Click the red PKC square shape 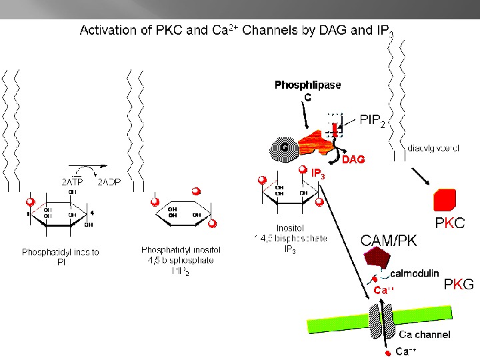[x=445, y=199]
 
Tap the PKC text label [x=450, y=223]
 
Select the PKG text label [x=459, y=285]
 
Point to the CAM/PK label [x=389, y=241]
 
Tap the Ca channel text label [x=424, y=335]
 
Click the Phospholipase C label [x=307, y=90]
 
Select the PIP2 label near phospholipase [x=372, y=121]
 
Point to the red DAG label [x=354, y=160]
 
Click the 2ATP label [x=73, y=181]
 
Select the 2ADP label [x=109, y=181]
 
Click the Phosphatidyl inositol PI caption [x=61, y=257]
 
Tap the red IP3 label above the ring [x=318, y=175]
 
